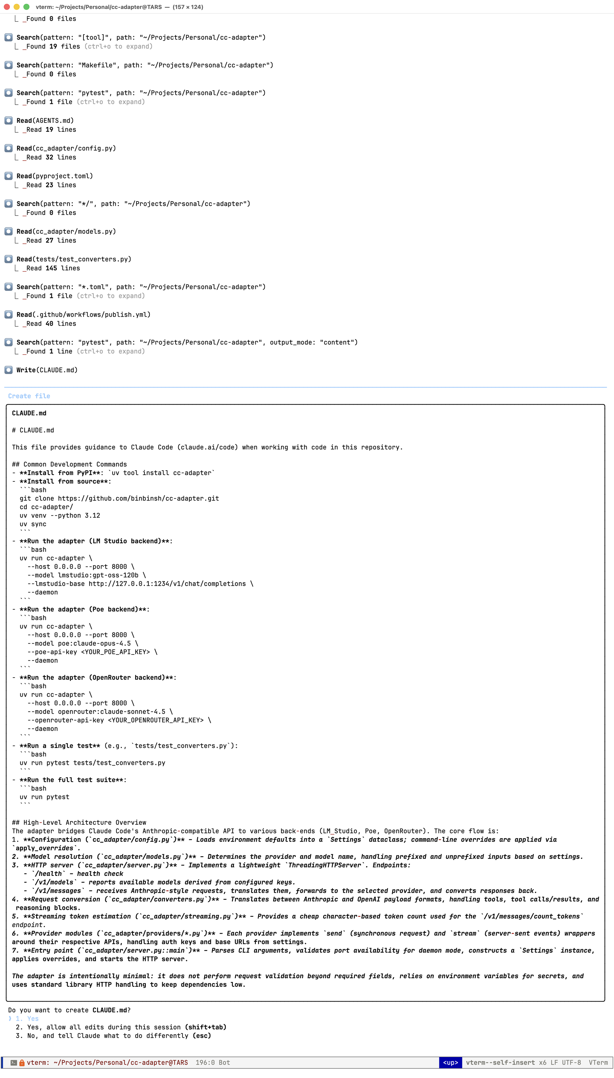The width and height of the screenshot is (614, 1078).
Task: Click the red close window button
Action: click(7, 7)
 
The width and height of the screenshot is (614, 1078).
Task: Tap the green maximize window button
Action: click(26, 7)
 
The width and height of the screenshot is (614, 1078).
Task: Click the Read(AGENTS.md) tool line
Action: click(45, 121)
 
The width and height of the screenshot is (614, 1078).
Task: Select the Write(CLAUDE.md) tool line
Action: click(47, 370)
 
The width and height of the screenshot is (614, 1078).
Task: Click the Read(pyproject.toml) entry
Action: click(54, 176)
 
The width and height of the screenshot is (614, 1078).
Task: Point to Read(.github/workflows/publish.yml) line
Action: click(83, 315)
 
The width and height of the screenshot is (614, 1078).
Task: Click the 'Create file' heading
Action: click(29, 396)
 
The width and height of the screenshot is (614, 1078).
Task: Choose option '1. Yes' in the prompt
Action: click(28, 1019)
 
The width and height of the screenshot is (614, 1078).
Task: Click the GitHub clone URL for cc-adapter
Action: click(138, 498)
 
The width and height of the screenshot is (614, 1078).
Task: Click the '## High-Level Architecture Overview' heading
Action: click(79, 822)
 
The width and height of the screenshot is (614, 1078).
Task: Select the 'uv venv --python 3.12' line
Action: click(59, 515)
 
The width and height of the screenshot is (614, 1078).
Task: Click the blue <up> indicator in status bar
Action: click(450, 1062)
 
